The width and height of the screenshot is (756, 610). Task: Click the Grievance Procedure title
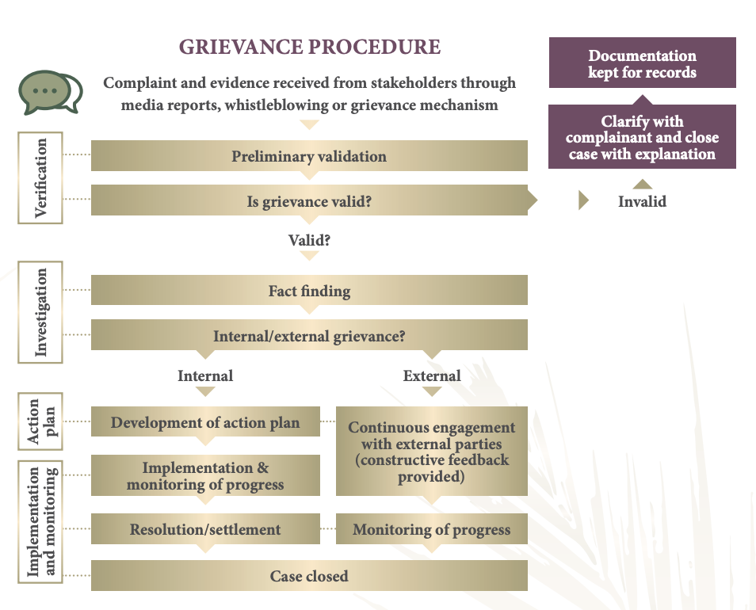click(309, 47)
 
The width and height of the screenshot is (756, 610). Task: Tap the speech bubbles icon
click(50, 93)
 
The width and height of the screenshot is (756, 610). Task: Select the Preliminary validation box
click(309, 156)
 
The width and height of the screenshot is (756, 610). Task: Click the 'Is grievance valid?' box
click(309, 201)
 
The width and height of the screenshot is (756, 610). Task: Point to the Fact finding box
click(309, 291)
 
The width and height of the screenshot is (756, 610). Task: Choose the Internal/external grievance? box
click(309, 336)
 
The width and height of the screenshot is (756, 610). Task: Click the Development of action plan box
click(205, 422)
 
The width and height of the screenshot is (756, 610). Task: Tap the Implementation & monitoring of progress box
click(205, 476)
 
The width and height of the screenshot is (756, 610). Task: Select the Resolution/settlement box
click(205, 529)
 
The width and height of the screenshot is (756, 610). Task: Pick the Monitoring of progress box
click(432, 529)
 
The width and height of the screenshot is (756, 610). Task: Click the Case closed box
click(309, 576)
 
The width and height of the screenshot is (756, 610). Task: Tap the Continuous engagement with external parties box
click(432, 452)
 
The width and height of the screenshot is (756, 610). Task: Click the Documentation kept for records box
click(642, 63)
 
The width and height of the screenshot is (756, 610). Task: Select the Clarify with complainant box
click(642, 137)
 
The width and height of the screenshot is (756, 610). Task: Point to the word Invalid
click(642, 201)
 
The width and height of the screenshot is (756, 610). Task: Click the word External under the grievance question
click(432, 376)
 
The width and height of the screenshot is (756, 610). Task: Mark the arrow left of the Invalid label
click(584, 200)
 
